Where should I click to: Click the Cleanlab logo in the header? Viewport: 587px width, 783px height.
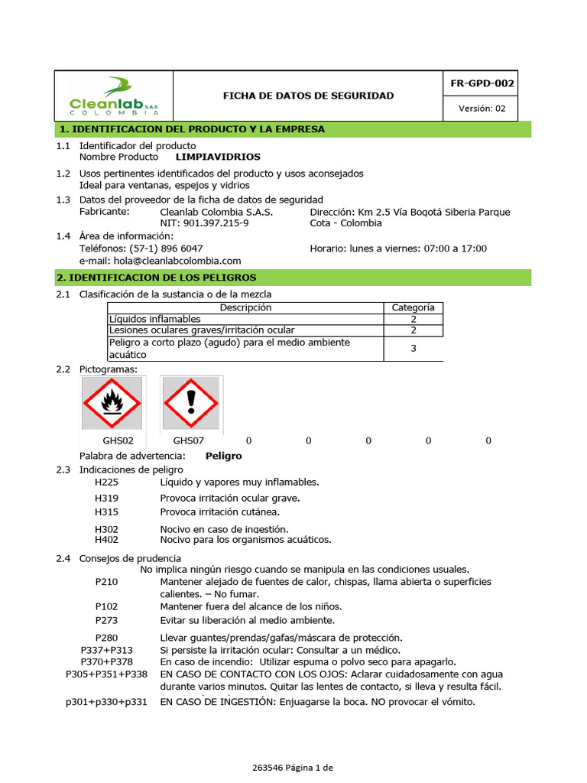tap(114, 96)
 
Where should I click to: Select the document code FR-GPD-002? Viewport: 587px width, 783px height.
tap(482, 83)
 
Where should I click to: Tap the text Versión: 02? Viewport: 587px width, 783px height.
tap(482, 109)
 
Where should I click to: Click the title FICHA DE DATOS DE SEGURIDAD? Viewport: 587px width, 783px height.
tap(308, 96)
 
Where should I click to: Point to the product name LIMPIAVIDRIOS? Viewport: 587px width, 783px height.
tap(218, 157)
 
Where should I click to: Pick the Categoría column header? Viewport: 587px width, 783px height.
tap(413, 307)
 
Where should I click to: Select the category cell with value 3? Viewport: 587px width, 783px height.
tap(413, 349)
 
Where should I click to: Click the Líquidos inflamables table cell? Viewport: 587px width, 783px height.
tap(155, 319)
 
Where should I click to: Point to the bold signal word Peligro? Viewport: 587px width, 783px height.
tap(223, 456)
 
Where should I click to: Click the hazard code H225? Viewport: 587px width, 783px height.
tap(107, 482)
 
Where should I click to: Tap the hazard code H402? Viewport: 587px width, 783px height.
tap(107, 540)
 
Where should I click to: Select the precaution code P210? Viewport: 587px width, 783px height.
tap(107, 582)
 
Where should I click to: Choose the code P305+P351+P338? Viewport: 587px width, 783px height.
tap(107, 674)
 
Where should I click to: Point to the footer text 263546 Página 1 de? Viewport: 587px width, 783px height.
tap(293, 767)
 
